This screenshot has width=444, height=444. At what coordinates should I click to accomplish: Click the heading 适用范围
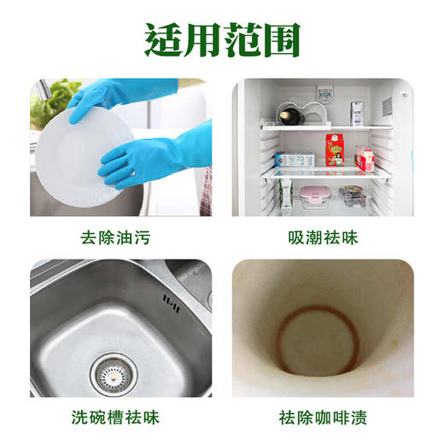click(x=222, y=38)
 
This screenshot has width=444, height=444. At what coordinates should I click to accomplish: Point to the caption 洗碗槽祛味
click(x=117, y=418)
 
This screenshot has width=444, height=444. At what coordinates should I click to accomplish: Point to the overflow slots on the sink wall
click(x=170, y=300)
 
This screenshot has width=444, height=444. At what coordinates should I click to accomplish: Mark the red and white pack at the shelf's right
click(x=365, y=158)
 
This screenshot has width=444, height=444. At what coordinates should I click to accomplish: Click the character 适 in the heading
click(x=161, y=38)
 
